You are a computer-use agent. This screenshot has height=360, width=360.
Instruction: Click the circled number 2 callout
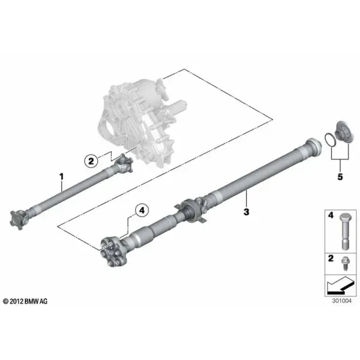pyautogui.click(x=91, y=161)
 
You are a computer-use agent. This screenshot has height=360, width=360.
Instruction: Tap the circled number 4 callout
pyautogui.click(x=142, y=210)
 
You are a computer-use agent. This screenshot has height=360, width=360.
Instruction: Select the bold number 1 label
pyautogui.click(x=61, y=177)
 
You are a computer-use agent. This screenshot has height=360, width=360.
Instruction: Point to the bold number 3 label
pyautogui.click(x=246, y=212)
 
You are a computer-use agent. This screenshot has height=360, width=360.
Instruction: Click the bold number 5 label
pyautogui.click(x=340, y=177)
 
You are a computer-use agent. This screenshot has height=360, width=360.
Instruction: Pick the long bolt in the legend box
pyautogui.click(x=344, y=231)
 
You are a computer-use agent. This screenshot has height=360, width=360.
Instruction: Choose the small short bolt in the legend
pyautogui.click(x=344, y=263)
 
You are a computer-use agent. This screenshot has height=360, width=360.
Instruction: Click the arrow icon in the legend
pyautogui.click(x=338, y=286)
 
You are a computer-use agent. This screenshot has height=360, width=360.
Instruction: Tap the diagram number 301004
pyautogui.click(x=341, y=301)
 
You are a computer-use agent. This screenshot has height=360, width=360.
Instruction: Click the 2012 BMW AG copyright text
pyautogui.click(x=25, y=301)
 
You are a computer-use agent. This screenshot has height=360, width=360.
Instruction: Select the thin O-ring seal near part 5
pyautogui.click(x=330, y=140)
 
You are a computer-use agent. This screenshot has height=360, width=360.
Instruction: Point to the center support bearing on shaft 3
pyautogui.click(x=191, y=211)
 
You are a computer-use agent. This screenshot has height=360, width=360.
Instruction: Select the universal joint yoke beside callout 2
pyautogui.click(x=124, y=163)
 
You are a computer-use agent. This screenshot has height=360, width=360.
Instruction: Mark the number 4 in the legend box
pyautogui.click(x=331, y=215)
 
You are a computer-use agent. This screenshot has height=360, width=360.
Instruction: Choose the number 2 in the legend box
pyautogui.click(x=331, y=258)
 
